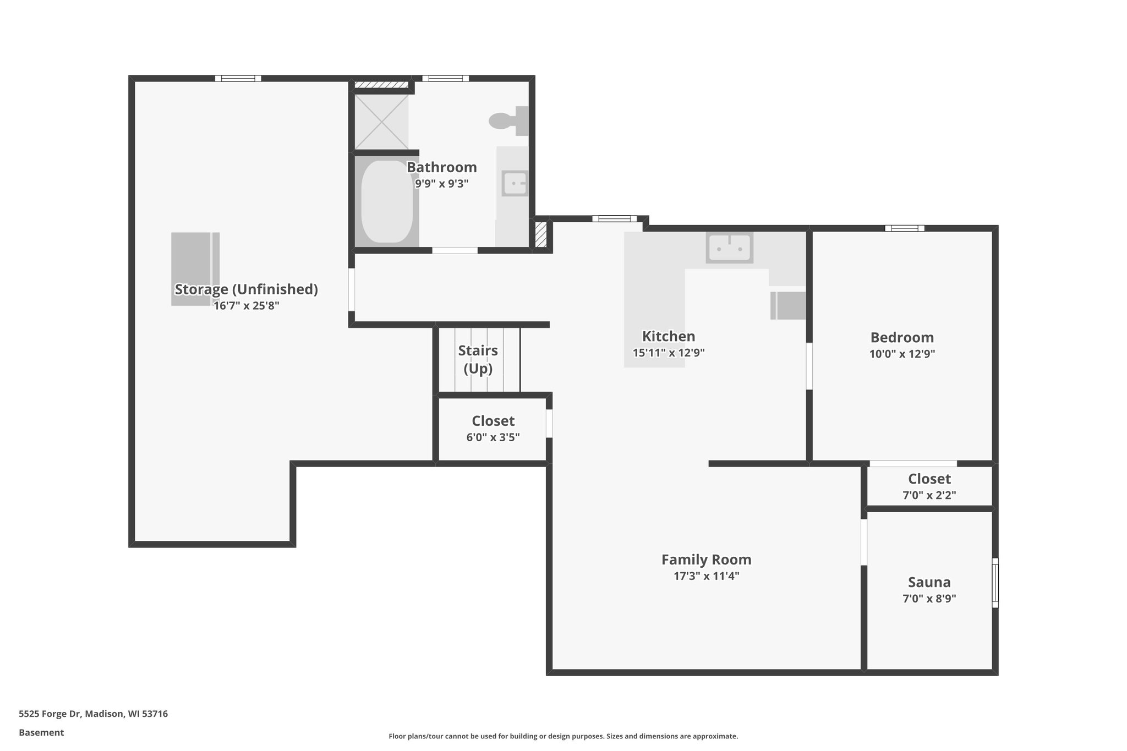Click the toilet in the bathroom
click(507, 121)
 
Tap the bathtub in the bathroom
click(386, 201)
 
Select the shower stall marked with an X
click(381, 121)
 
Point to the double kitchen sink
click(730, 248)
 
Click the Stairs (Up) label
click(478, 359)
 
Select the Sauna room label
click(929, 582)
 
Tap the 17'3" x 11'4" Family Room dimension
click(706, 576)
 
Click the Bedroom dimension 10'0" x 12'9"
click(902, 354)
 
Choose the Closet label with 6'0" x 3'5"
click(493, 421)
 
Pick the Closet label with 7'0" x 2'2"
click(929, 479)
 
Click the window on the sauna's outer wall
click(995, 583)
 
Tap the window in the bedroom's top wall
click(904, 228)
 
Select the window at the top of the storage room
click(238, 79)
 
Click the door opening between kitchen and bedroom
click(809, 366)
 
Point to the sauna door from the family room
click(863, 542)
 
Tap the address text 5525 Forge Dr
click(93, 714)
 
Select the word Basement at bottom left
click(41, 732)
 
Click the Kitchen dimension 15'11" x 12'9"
click(668, 353)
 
